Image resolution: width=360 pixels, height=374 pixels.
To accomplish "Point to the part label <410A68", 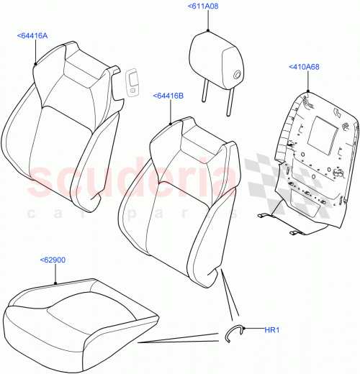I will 306,67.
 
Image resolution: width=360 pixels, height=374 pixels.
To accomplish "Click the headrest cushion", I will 216,58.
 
